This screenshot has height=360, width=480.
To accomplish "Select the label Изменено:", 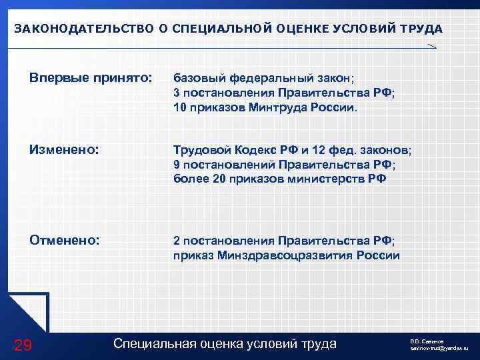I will click(65, 150).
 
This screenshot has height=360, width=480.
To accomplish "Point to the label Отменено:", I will click(65, 239).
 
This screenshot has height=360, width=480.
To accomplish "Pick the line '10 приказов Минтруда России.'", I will click(265, 107).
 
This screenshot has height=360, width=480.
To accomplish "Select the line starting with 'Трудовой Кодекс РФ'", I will click(292, 151).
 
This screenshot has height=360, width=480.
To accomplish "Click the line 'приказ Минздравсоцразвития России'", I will click(286, 255).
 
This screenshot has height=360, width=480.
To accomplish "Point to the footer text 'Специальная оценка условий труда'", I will click(225, 343).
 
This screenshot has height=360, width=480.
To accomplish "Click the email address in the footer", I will click(439, 349).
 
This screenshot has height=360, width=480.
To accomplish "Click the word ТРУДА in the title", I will click(419, 29).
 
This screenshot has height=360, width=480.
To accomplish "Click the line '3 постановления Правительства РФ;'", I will click(283, 93).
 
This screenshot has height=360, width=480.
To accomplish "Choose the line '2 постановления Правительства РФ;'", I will click(283, 240).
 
